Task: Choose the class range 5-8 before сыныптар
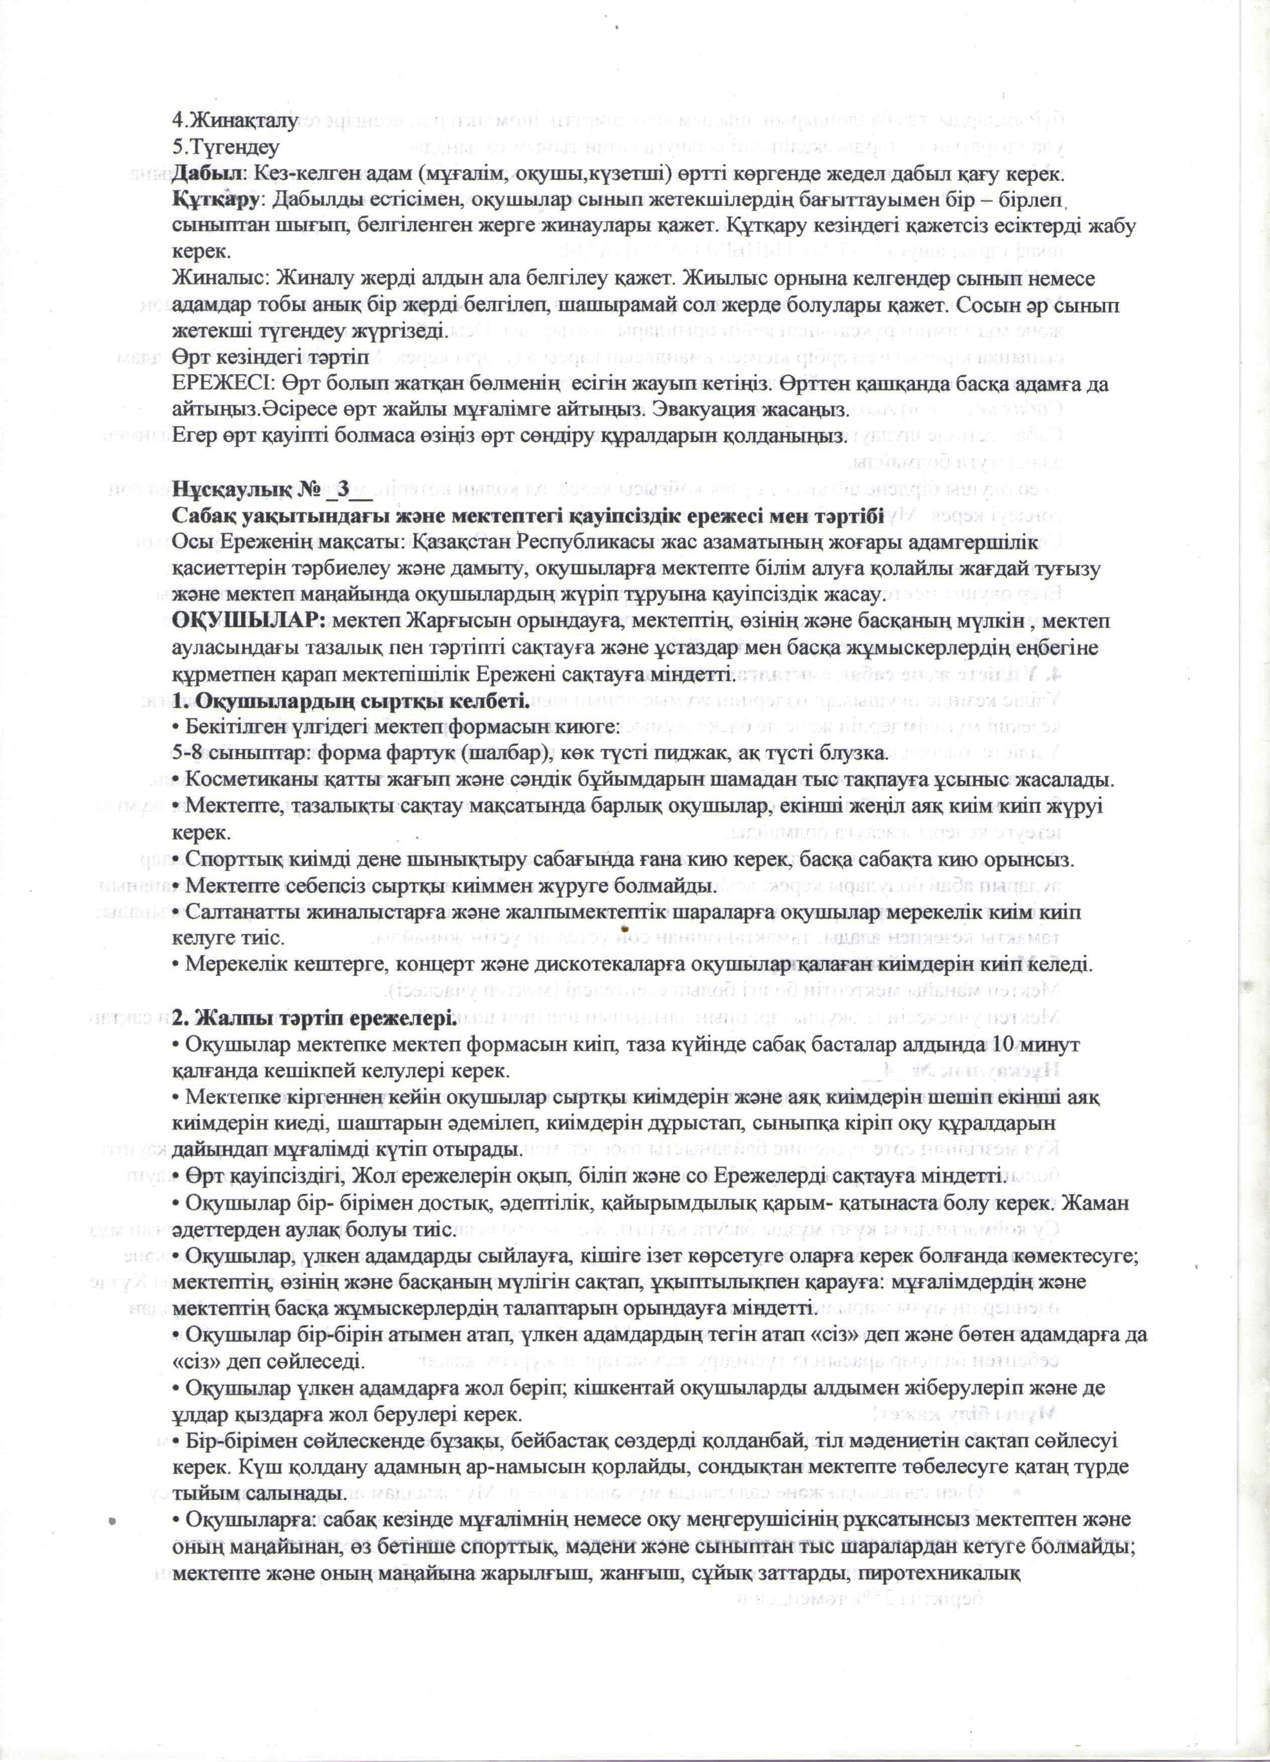point(186,754)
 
